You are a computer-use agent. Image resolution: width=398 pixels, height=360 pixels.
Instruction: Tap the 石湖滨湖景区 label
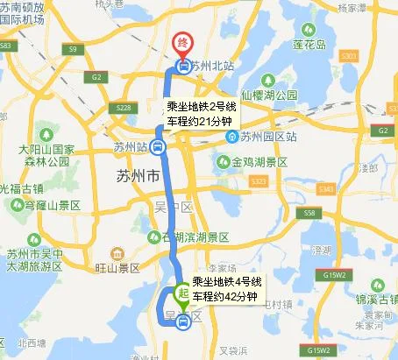[x=195, y=237]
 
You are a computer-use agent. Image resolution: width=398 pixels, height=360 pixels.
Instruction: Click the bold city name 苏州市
[x=137, y=177]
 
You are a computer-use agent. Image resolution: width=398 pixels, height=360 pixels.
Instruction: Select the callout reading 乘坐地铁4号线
[x=227, y=283]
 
